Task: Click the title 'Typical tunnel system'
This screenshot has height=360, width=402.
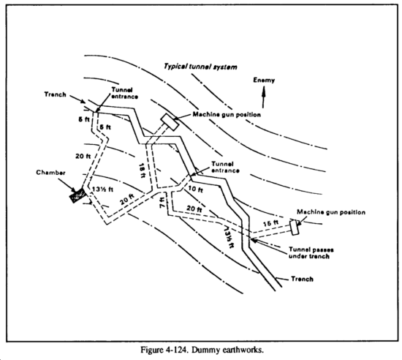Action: click(x=200, y=67)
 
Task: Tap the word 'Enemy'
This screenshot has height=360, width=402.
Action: click(x=264, y=80)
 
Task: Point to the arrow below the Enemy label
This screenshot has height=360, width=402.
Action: click(x=263, y=97)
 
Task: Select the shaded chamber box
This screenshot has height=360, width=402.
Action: click(x=77, y=195)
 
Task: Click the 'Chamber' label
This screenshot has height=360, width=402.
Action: click(x=50, y=173)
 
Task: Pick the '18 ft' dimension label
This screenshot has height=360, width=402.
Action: click(x=142, y=170)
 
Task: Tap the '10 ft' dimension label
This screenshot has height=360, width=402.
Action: click(x=195, y=190)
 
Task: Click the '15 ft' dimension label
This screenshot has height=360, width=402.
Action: click(x=270, y=223)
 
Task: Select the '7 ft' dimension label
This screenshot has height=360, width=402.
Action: click(x=162, y=203)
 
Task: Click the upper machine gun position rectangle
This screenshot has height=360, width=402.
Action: click(x=170, y=122)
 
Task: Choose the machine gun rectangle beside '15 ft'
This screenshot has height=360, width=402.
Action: click(x=294, y=228)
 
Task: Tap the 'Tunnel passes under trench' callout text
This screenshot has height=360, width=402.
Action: click(x=311, y=252)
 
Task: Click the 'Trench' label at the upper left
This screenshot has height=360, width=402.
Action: click(x=55, y=94)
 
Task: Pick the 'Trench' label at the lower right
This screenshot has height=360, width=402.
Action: click(x=302, y=279)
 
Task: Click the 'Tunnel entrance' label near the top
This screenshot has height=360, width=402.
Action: click(x=124, y=93)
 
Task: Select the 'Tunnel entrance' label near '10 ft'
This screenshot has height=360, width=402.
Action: click(x=225, y=167)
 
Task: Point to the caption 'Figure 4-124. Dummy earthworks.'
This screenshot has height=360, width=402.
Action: click(x=202, y=350)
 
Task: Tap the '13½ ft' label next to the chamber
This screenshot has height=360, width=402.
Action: click(x=102, y=190)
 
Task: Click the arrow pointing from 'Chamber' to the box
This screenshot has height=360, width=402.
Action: click(x=67, y=185)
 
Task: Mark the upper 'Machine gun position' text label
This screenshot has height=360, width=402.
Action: click(x=227, y=114)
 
